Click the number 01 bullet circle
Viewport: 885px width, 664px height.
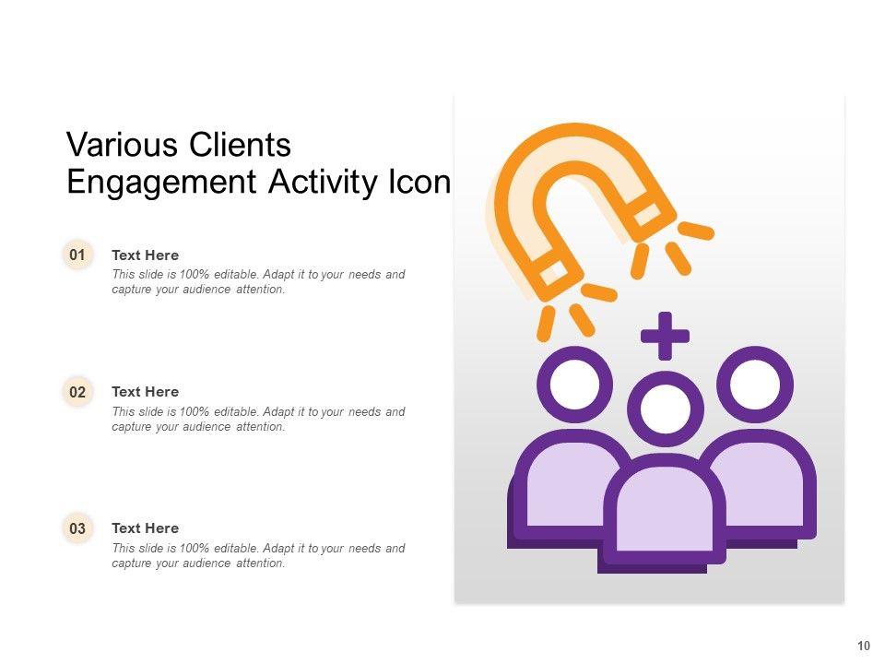point(77,255)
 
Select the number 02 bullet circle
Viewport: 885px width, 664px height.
point(77,392)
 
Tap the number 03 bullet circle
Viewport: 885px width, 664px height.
point(77,528)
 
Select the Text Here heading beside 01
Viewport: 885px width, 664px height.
point(145,255)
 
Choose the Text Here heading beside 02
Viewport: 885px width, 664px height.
point(145,392)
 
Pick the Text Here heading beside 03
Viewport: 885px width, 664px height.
point(145,528)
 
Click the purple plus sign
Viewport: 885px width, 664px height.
point(665,336)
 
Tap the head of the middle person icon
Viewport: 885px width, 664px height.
point(666,409)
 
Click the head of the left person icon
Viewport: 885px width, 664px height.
point(575,385)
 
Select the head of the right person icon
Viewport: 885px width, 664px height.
point(755,385)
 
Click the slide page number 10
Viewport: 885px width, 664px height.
point(864,646)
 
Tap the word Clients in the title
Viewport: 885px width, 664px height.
point(240,145)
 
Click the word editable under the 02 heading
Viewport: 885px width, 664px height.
point(236,411)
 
